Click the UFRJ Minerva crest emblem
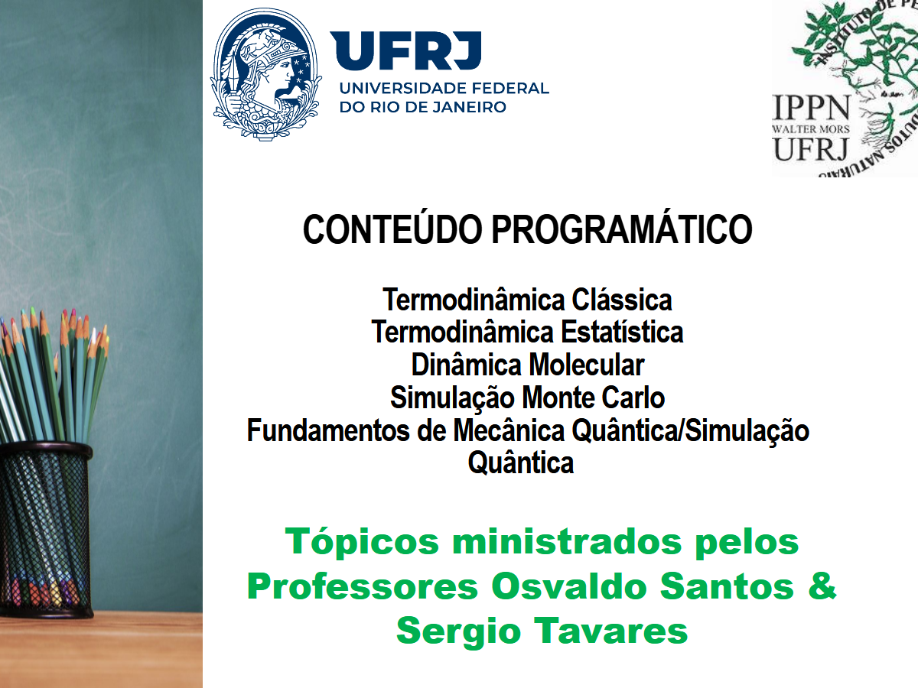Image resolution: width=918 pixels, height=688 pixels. pyautogui.click(x=266, y=74)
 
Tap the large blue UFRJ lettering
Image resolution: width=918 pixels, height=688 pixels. pyautogui.click(x=405, y=50)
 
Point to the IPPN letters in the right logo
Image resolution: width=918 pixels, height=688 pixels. pyautogui.click(x=811, y=108)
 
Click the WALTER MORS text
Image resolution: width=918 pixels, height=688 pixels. pyautogui.click(x=810, y=129)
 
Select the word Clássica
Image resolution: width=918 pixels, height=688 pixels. pyautogui.click(x=622, y=300)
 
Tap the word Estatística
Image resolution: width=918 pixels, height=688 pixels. pyautogui.click(x=622, y=332)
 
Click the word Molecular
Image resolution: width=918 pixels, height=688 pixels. pyautogui.click(x=587, y=365)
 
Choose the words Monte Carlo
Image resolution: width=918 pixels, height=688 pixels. pyautogui.click(x=593, y=398)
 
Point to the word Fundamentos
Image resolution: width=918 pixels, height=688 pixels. pyautogui.click(x=328, y=430)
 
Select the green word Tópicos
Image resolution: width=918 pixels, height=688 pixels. pyautogui.click(x=362, y=541)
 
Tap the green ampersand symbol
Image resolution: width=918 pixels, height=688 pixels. pyautogui.click(x=822, y=586)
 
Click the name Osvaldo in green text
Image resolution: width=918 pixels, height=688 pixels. pyautogui.click(x=570, y=586)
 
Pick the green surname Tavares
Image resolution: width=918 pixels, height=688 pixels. pyautogui.click(x=611, y=631)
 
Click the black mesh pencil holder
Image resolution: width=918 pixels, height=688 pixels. pyautogui.click(x=45, y=530)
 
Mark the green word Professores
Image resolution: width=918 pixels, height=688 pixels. pyautogui.click(x=362, y=586)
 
